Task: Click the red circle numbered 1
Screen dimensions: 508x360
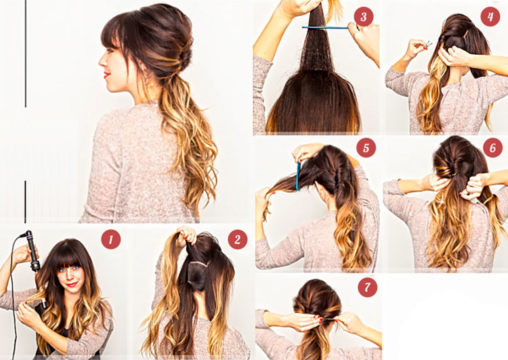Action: click(x=111, y=240)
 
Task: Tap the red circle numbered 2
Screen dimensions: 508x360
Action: click(x=238, y=240)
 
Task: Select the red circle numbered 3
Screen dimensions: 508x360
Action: click(x=364, y=16)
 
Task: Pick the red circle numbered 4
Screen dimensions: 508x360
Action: click(x=490, y=16)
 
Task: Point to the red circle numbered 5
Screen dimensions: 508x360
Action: click(x=366, y=148)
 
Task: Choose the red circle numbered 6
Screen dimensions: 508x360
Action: click(x=493, y=148)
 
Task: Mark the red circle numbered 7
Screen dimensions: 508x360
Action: click(x=367, y=287)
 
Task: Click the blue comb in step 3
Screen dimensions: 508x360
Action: click(x=325, y=28)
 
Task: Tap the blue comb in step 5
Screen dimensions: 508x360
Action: click(x=298, y=176)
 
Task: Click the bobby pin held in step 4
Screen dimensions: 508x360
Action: click(x=428, y=45)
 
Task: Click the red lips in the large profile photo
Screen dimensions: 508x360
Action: click(x=105, y=75)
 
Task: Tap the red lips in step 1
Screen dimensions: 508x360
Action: click(x=72, y=285)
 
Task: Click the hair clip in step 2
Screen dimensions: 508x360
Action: click(x=198, y=263)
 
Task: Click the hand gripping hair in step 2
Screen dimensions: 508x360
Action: click(x=186, y=235)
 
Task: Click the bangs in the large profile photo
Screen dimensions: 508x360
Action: click(x=117, y=38)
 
